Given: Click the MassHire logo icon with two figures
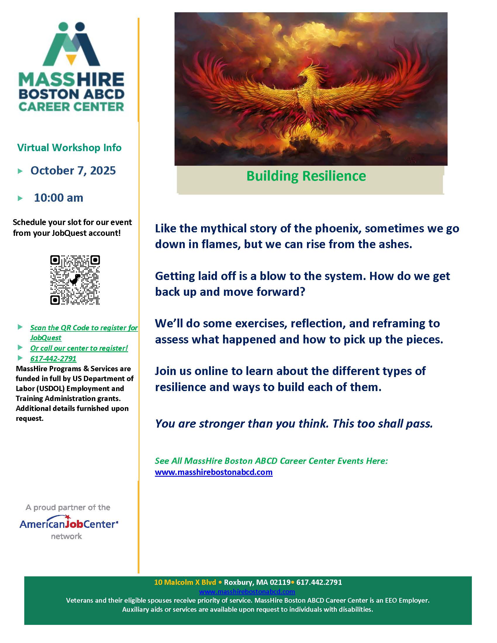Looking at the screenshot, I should point(71,44).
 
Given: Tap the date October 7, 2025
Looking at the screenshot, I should point(73,170).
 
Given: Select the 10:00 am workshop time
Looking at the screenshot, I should point(58,198).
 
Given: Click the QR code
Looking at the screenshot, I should point(75,280).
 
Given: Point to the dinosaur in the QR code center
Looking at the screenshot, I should point(75,280).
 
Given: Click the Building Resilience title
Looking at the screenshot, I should point(306,176).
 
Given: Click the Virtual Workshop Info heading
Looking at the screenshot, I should point(69,148).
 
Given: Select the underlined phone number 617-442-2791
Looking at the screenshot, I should point(53,358).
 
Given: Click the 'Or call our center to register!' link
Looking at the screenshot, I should point(79,348).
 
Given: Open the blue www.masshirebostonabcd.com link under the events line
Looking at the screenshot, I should point(213,472).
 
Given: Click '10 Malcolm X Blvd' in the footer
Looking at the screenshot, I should point(185,582).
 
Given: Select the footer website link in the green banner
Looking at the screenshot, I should point(247,591).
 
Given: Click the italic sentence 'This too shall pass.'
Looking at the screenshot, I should point(383,424).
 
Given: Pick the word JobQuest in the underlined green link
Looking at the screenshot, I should point(46,337).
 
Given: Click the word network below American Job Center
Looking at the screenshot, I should point(66,536).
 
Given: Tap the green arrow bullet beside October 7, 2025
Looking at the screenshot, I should point(20,171).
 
